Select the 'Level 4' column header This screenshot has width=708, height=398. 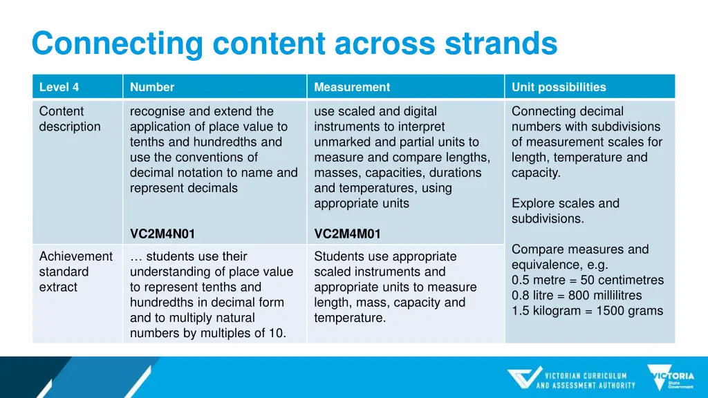59,87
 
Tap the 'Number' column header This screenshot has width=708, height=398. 152,87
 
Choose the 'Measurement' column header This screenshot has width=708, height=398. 352,87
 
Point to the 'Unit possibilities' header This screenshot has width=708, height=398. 559,87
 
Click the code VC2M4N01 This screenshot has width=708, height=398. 162,234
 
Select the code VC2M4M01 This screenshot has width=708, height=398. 347,234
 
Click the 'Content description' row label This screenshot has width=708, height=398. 70,119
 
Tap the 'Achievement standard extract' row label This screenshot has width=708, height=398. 75,272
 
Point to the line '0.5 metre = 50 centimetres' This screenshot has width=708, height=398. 587,280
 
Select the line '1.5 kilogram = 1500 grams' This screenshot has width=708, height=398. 587,310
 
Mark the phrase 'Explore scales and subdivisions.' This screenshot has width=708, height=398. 565,211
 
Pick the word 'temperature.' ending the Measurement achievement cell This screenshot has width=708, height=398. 350,318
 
